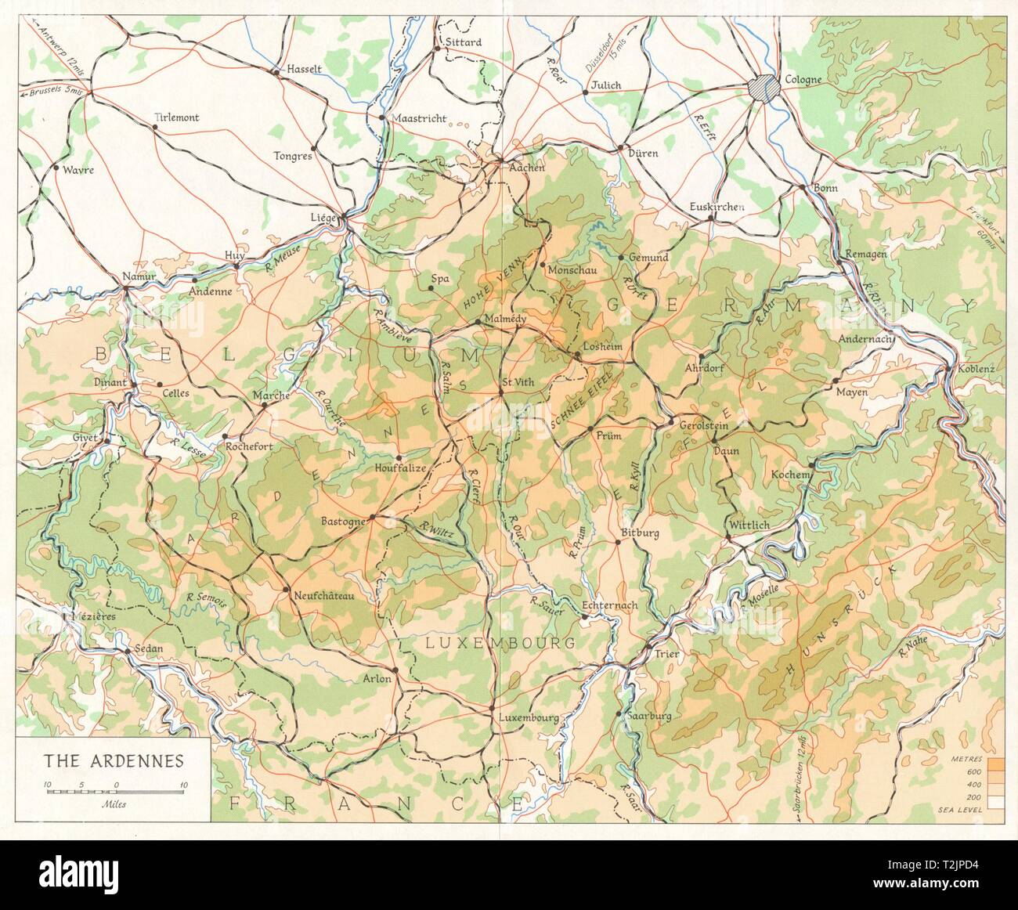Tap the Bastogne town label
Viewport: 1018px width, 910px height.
tap(343, 521)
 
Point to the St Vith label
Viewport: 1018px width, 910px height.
tap(517, 383)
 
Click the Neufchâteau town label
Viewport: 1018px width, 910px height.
tap(323, 595)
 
